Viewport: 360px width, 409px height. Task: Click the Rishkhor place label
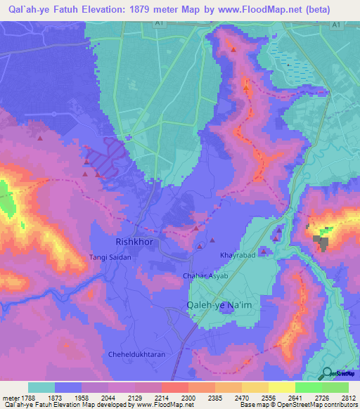[x=134, y=242]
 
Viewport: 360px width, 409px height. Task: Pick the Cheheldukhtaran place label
[x=137, y=355]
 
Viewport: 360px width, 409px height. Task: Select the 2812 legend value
[x=349, y=398]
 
